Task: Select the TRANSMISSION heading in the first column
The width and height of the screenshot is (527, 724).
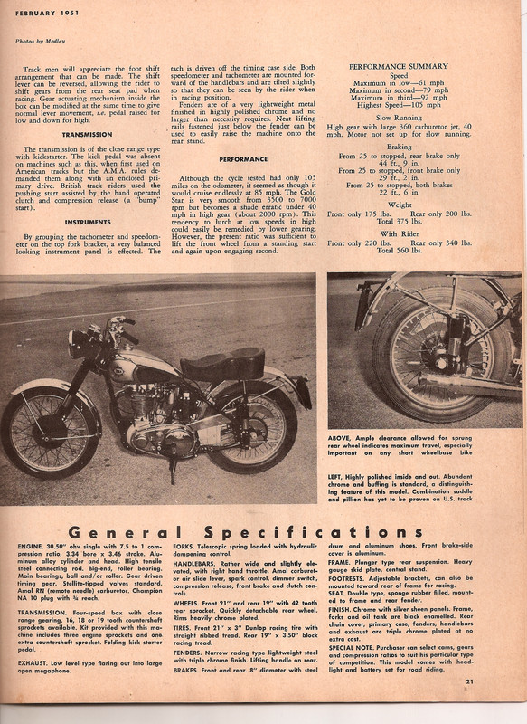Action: click(x=88, y=134)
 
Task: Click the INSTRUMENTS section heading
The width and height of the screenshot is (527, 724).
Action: click(x=88, y=220)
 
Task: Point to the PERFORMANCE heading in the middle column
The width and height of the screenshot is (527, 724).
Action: click(x=243, y=159)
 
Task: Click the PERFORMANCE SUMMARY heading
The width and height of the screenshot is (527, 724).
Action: click(x=398, y=67)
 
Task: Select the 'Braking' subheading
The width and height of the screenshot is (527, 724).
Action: click(x=398, y=147)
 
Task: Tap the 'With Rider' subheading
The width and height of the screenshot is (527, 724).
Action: click(x=398, y=233)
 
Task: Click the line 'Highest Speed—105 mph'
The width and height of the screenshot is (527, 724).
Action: click(x=398, y=102)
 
